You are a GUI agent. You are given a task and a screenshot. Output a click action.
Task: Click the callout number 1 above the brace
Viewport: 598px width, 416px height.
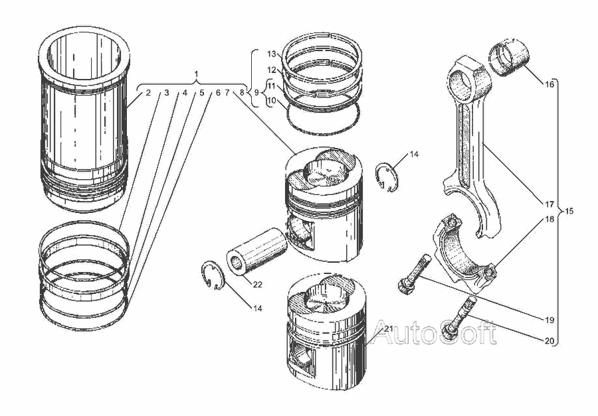(196, 74)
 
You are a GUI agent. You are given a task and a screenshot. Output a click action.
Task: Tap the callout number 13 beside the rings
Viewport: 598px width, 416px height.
(272, 54)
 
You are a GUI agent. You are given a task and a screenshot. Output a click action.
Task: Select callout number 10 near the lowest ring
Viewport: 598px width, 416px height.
(272, 101)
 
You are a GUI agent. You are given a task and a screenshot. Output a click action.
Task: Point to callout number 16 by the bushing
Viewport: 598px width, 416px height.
(549, 84)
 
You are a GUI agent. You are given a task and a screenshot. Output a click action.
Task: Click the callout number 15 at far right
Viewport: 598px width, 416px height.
(569, 211)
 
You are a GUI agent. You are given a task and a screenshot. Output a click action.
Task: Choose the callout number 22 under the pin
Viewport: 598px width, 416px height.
(258, 285)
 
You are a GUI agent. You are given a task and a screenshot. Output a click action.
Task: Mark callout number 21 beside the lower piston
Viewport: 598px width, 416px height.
(388, 329)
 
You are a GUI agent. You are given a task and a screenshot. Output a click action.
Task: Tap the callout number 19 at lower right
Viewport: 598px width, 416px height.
(549, 320)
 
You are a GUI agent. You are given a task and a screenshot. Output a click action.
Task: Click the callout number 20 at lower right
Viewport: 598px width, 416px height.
(549, 341)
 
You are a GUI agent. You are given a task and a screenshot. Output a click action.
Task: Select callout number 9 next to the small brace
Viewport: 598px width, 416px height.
(256, 92)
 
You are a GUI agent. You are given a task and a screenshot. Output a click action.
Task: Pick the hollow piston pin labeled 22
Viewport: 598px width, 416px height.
(256, 251)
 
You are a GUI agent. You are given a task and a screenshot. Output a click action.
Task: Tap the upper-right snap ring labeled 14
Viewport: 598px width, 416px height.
(387, 177)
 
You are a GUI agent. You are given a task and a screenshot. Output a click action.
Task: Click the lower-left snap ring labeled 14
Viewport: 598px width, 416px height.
(213, 275)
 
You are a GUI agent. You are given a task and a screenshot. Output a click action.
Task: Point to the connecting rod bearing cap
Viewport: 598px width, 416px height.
(464, 253)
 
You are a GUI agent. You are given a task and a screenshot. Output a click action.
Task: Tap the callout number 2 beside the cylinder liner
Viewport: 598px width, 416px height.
(148, 92)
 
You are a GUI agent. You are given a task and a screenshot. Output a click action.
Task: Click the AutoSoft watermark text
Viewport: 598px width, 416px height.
(434, 332)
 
